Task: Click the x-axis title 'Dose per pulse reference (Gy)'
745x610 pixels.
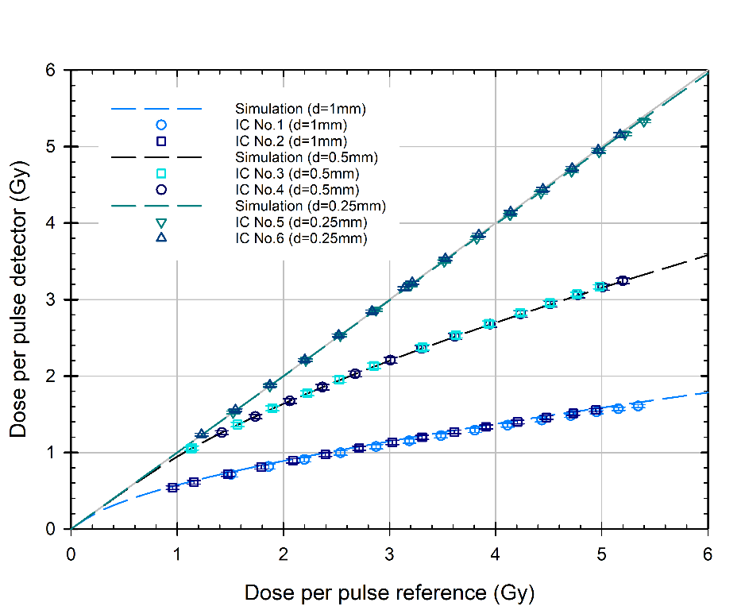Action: point(389,593)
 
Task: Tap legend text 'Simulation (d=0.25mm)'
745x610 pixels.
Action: point(310,205)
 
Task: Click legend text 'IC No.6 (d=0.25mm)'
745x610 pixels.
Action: point(301,237)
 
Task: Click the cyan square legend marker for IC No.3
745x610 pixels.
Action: point(160,173)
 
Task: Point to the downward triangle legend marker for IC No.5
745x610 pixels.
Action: point(160,222)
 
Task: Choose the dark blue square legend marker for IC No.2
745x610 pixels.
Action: point(160,141)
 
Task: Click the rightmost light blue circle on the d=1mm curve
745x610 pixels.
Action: point(638,405)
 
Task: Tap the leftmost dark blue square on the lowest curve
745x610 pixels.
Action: point(172,488)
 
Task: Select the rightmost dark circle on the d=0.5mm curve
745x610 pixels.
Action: point(623,280)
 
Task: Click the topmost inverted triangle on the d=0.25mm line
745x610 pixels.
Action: point(643,121)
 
